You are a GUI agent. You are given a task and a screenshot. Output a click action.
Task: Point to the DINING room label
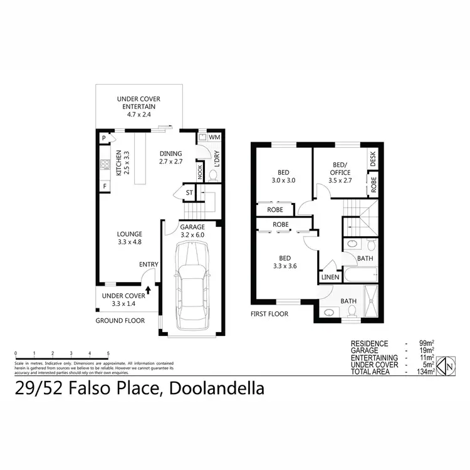pos(170,157)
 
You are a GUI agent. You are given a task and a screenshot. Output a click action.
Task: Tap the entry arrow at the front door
pos(148,289)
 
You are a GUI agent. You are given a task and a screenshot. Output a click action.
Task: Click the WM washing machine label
pos(214,137)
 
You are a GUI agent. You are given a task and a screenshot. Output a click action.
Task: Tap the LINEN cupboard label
pos(330,277)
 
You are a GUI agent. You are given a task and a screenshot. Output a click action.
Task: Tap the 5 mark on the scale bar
pos(108,353)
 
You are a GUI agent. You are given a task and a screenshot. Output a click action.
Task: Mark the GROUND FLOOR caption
pos(120,320)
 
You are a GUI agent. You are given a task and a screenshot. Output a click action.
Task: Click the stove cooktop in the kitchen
pos(104,166)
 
